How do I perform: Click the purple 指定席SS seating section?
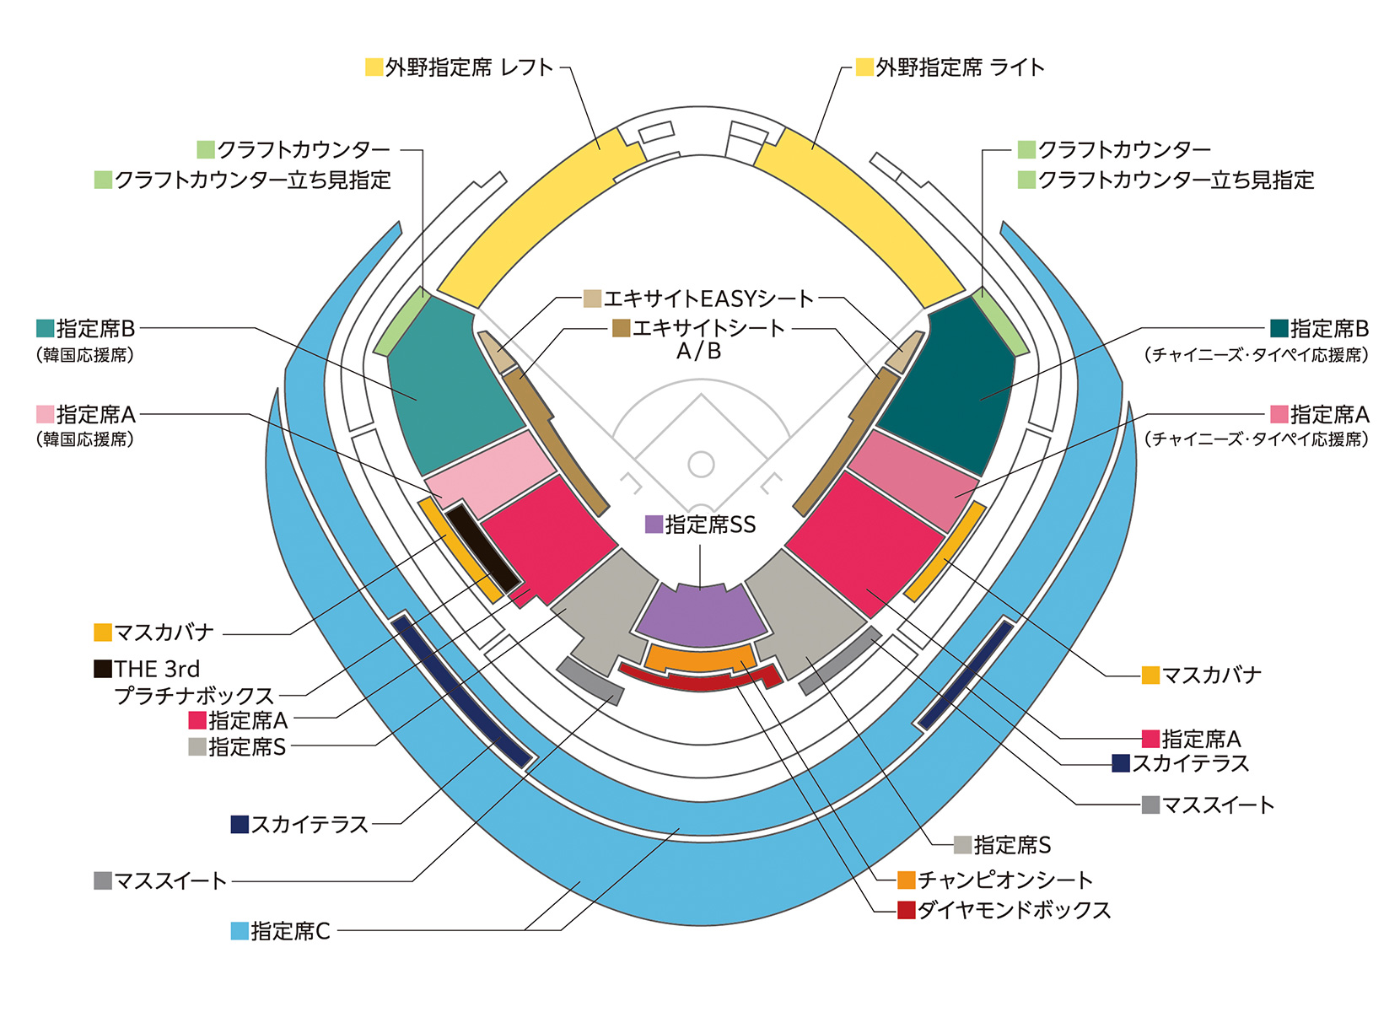click(x=701, y=616)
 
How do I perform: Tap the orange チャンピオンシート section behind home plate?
click(x=700, y=658)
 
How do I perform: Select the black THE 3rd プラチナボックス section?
click(x=482, y=548)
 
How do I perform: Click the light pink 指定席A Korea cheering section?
click(x=489, y=472)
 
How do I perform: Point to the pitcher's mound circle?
click(x=701, y=464)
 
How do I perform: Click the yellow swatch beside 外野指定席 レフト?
click(x=374, y=67)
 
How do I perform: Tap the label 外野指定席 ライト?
click(x=960, y=67)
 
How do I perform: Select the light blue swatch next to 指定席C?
click(x=240, y=931)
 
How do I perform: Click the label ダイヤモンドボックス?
click(x=1014, y=911)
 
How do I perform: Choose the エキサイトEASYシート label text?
click(x=708, y=299)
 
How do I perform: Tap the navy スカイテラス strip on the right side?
click(x=966, y=673)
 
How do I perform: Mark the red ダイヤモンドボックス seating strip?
click(x=700, y=679)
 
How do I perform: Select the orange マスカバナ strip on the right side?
click(x=945, y=550)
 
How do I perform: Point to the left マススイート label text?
click(x=170, y=881)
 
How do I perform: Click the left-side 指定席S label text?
click(x=247, y=747)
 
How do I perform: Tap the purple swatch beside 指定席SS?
click(x=654, y=525)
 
